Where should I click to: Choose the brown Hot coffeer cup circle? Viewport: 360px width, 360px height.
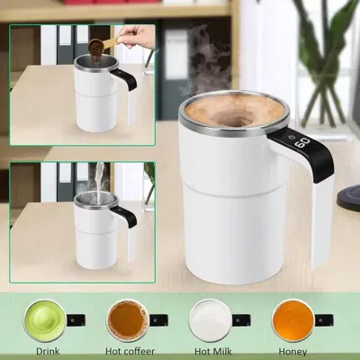pyautogui.click(x=128, y=318)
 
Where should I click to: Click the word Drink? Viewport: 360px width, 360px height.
pyautogui.click(x=49, y=351)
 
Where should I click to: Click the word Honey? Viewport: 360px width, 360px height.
pyautogui.click(x=292, y=351)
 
